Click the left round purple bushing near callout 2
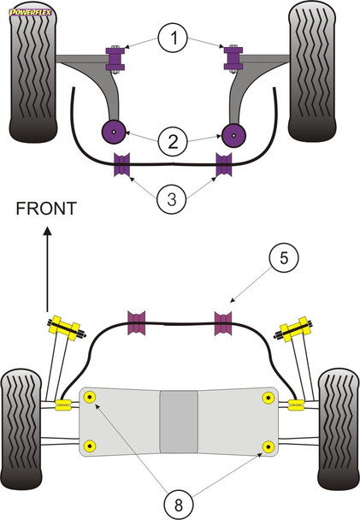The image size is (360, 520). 113,133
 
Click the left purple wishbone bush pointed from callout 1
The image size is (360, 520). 115,58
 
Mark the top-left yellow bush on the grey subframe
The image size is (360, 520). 90,396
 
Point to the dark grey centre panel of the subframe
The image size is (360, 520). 179,422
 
